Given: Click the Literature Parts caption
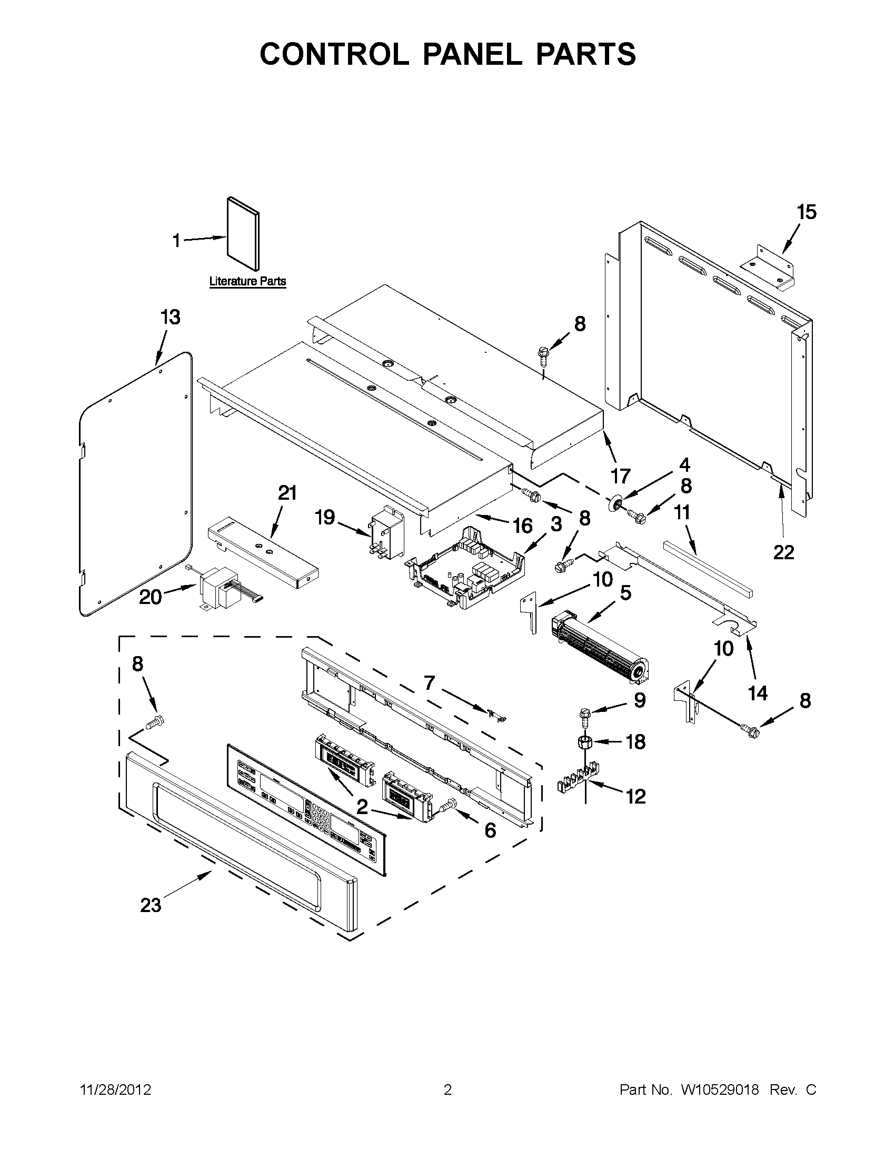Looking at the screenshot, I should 247,281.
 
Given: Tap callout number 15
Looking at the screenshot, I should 807,212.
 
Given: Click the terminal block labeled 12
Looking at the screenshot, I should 580,784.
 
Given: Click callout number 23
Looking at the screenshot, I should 151,905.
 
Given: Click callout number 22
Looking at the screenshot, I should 783,552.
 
